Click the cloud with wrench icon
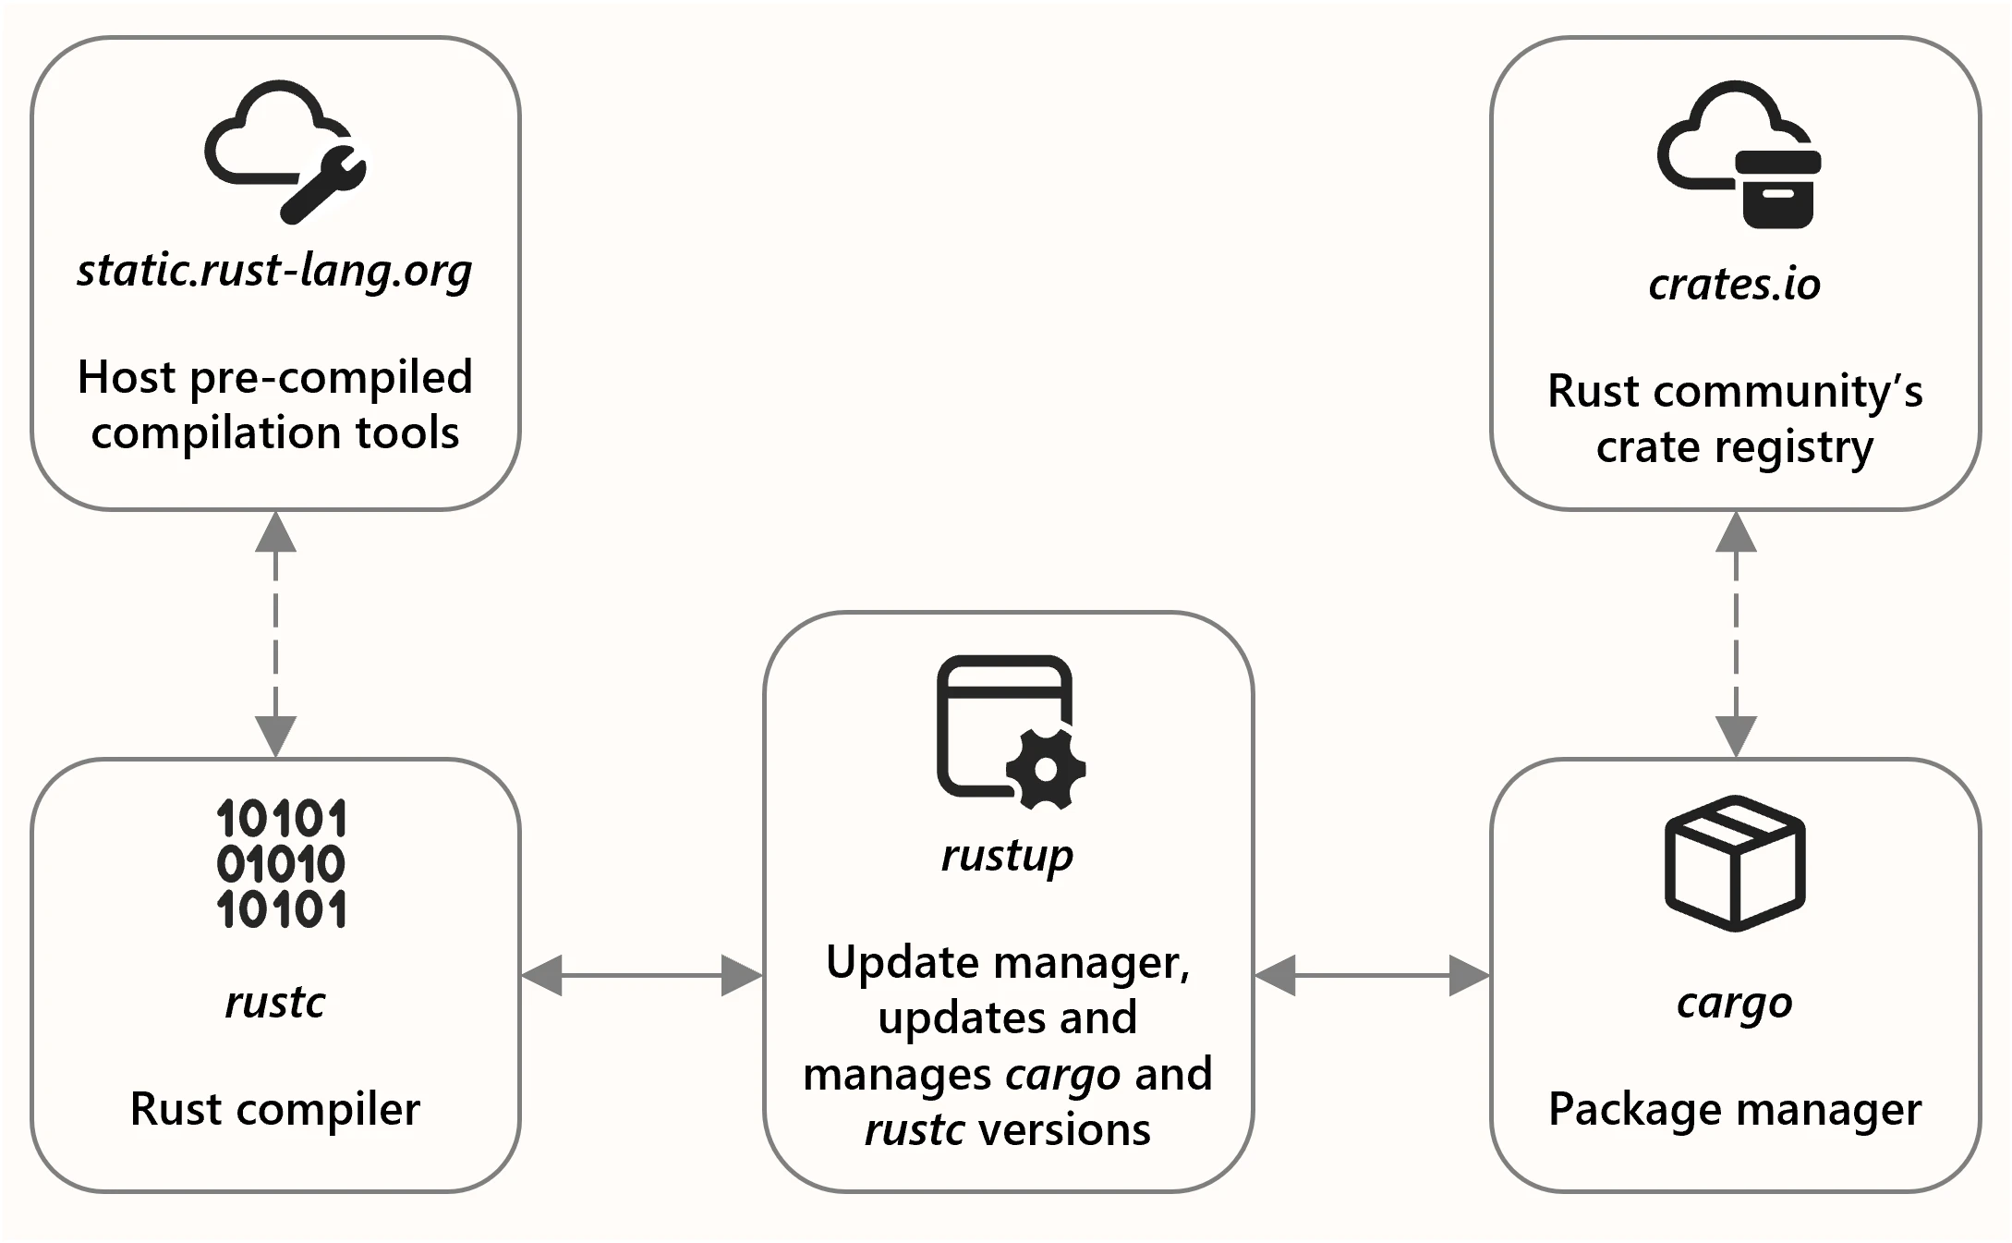(x=285, y=151)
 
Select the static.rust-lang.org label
(x=274, y=271)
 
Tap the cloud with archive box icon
(x=1738, y=153)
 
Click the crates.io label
(x=1734, y=285)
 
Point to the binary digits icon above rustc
(x=282, y=863)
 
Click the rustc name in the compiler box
(x=275, y=1002)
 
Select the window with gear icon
(x=1010, y=730)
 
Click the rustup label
(x=1007, y=856)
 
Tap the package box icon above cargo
(x=1735, y=862)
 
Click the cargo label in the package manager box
(x=1734, y=1003)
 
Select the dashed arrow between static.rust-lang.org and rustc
(x=275, y=634)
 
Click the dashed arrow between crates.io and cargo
(x=1735, y=634)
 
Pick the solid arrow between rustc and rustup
(x=641, y=975)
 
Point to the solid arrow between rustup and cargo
(x=1372, y=975)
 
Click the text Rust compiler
(x=275, y=1109)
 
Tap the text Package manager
(x=1734, y=1109)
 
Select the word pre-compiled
(x=331, y=378)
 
